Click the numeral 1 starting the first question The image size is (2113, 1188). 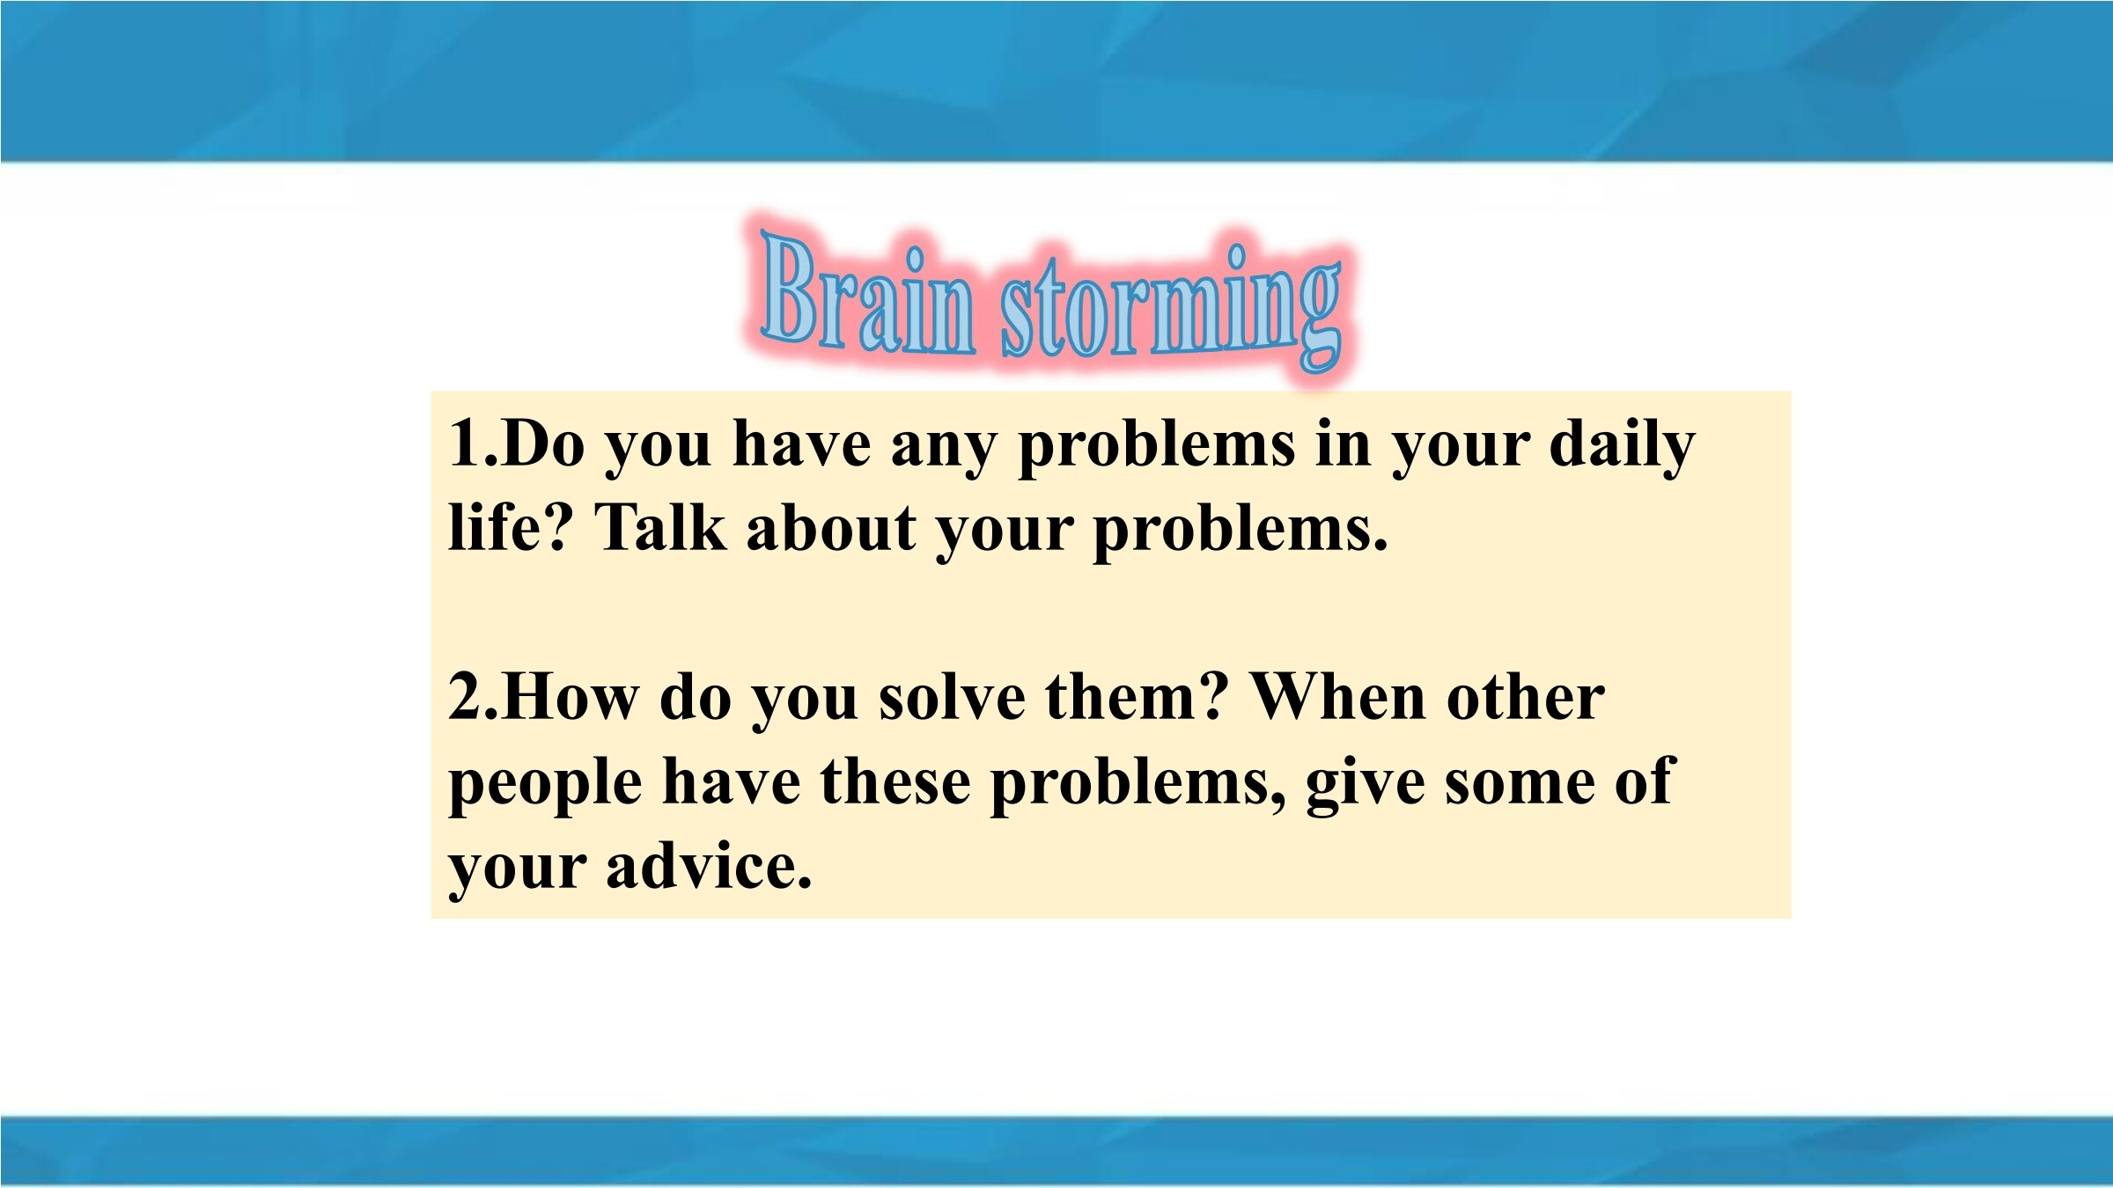click(463, 442)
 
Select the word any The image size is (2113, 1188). click(943, 449)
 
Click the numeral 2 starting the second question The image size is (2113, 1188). click(463, 697)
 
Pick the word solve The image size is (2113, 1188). click(952, 697)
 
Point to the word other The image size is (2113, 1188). click(1526, 697)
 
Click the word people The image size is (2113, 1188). click(545, 785)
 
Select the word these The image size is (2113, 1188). click(895, 781)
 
